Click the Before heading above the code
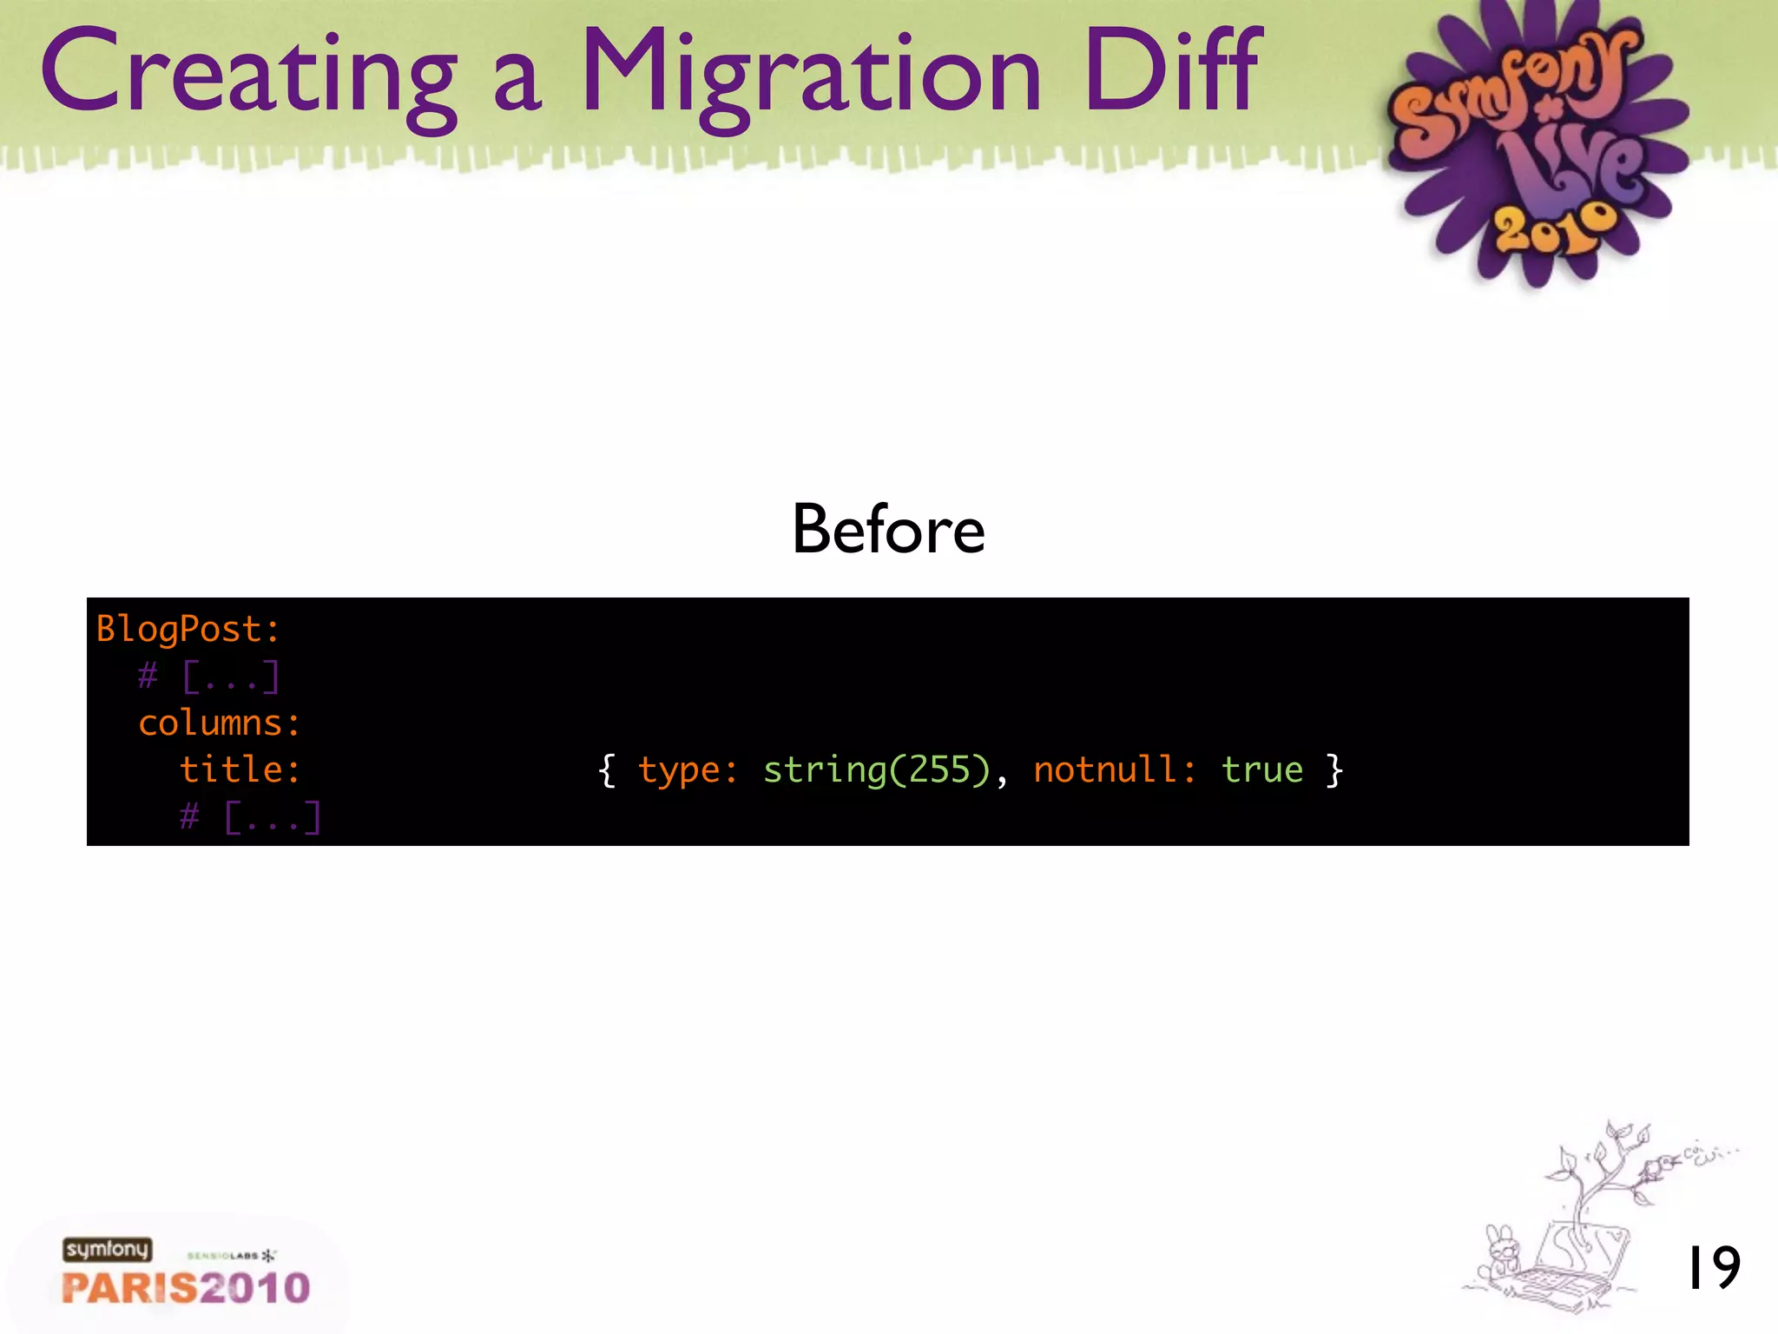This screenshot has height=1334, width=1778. pyautogui.click(x=888, y=530)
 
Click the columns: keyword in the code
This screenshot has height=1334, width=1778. pyautogui.click(x=220, y=723)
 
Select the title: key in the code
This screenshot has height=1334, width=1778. pyautogui.click(x=240, y=769)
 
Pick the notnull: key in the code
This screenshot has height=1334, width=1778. pyautogui.click(x=1114, y=770)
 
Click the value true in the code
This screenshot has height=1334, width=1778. pyautogui.click(x=1262, y=770)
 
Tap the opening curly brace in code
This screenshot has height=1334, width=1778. pyautogui.click(x=607, y=770)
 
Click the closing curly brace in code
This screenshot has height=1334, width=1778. pyautogui.click(x=1335, y=770)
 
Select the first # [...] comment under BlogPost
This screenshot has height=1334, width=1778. pyautogui.click(x=209, y=676)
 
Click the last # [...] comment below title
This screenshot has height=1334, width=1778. pyautogui.click(x=251, y=817)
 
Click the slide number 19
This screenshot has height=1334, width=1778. pyautogui.click(x=1713, y=1268)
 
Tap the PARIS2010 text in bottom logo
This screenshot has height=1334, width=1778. pyautogui.click(x=186, y=1288)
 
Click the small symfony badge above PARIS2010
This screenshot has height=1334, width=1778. pyautogui.click(x=107, y=1249)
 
